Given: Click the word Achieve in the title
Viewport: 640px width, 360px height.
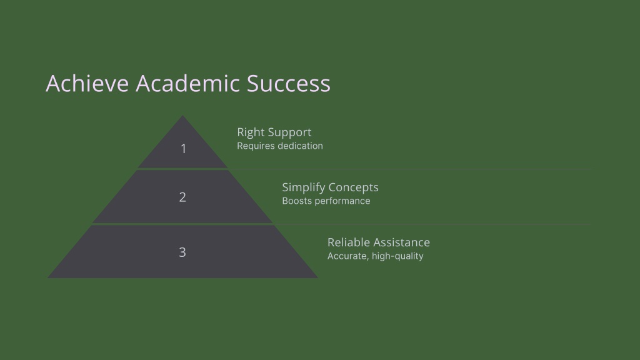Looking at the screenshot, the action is tap(87, 83).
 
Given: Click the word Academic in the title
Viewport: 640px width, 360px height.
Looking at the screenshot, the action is tap(187, 83).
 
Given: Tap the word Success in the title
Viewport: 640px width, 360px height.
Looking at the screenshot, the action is tap(289, 83).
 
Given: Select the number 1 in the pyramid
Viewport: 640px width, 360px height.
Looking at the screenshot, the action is tap(183, 149).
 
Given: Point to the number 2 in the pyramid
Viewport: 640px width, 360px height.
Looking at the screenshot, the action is tap(182, 197).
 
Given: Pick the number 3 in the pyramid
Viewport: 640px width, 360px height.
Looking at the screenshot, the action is tap(182, 252).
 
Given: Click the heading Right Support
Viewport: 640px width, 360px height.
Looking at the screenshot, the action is tap(274, 132).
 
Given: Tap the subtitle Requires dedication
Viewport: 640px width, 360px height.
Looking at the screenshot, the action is tap(280, 146).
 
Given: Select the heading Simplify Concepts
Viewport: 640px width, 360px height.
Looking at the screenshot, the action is tap(330, 187).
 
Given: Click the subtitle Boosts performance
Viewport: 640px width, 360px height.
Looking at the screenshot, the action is tap(326, 201).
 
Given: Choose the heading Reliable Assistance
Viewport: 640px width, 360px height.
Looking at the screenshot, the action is tap(379, 242).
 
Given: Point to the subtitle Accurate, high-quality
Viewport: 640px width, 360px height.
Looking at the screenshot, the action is tap(376, 256).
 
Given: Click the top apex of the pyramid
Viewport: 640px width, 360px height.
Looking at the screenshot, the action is tap(182, 116).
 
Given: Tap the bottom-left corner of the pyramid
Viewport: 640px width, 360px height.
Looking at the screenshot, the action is tap(47, 278).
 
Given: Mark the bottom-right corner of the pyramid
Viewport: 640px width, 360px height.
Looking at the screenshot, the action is tap(317, 278).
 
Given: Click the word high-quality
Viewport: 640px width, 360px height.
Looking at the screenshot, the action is tap(397, 256).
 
